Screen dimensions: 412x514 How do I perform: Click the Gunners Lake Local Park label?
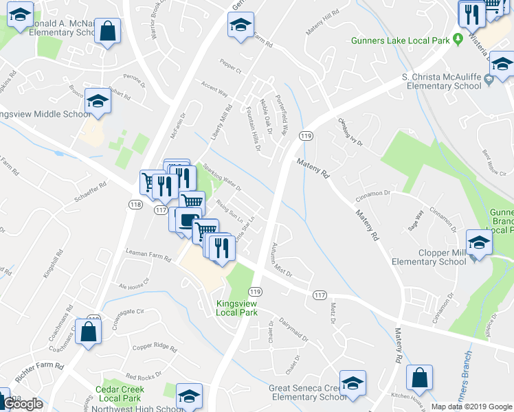point(400,41)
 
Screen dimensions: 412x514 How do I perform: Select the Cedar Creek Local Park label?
point(118,393)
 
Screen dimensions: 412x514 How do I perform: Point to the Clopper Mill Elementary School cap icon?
point(479,242)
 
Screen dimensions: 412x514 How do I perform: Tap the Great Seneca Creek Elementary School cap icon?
point(353,382)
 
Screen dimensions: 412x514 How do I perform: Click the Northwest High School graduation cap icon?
point(189,395)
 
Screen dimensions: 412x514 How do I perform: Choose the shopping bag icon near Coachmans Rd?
point(89,332)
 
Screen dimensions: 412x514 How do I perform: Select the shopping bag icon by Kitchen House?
point(418,377)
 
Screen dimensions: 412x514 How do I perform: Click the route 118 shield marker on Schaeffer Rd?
point(135,205)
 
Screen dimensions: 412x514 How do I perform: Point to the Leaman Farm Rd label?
point(148,257)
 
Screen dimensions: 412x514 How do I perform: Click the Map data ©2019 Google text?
point(471,407)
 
